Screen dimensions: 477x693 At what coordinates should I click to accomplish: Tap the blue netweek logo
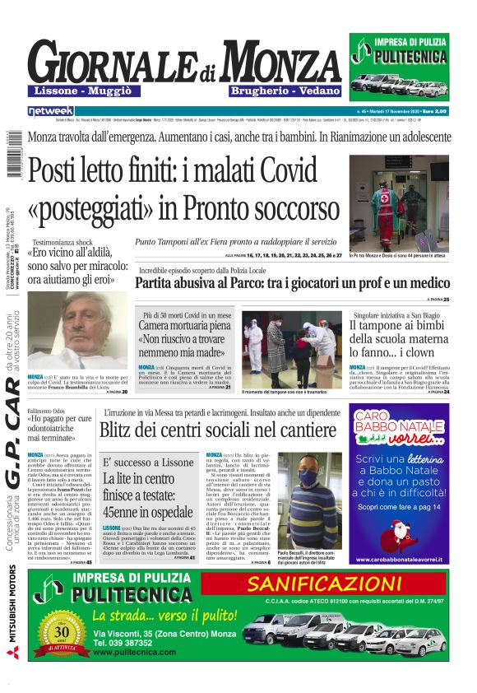pyautogui.click(x=50, y=110)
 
